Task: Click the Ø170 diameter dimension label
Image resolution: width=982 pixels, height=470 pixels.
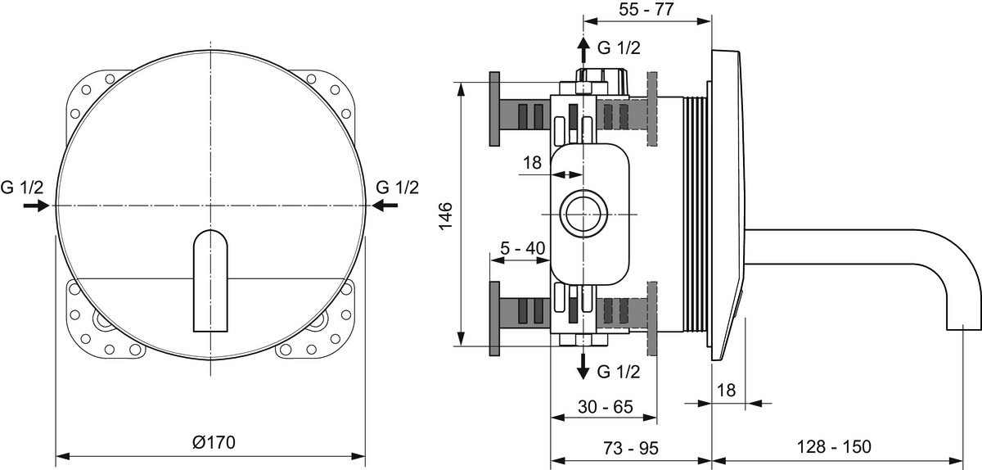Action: pyautogui.click(x=214, y=442)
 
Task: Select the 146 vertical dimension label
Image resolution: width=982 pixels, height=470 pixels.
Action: pyautogui.click(x=445, y=216)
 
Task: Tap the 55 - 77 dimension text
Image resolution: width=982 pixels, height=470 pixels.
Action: pyautogui.click(x=646, y=9)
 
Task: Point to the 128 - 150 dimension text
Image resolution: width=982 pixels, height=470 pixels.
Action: pyautogui.click(x=834, y=447)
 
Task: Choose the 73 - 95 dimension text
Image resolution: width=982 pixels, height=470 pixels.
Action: pyautogui.click(x=631, y=448)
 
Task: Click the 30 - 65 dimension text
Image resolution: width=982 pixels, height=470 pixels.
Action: pyautogui.click(x=605, y=407)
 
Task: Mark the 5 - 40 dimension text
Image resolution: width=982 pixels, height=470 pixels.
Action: pyautogui.click(x=523, y=248)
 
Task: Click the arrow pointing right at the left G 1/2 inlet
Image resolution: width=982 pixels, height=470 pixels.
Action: pyautogui.click(x=36, y=206)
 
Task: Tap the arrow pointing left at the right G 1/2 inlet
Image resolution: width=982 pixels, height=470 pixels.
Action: pyautogui.click(x=385, y=205)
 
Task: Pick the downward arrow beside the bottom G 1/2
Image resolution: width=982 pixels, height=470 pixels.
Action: pyautogui.click(x=583, y=367)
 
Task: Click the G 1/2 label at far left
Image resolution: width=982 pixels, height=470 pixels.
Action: pyautogui.click(x=22, y=188)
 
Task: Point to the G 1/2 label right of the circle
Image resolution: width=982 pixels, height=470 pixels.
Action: pyautogui.click(x=398, y=188)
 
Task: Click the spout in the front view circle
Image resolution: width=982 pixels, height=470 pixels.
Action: pyautogui.click(x=210, y=281)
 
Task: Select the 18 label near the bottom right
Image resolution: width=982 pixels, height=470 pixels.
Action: pyautogui.click(x=726, y=390)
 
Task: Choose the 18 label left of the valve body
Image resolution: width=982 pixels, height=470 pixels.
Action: pyautogui.click(x=532, y=163)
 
